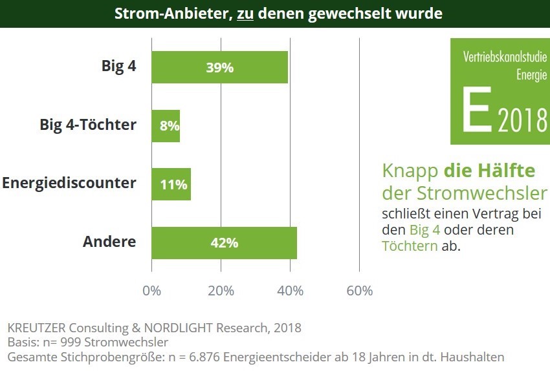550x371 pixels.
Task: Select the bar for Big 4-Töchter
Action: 166,125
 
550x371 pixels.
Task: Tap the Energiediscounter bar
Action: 171,184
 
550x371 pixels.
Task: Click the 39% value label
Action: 219,67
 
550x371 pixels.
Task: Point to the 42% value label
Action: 224,243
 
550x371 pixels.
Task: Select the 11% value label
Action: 173,185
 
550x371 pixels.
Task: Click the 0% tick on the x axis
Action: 151,291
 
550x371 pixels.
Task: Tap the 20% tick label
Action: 221,291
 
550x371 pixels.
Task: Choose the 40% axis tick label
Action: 290,291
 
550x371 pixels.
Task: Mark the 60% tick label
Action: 360,291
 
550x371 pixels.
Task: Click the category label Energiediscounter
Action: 69,183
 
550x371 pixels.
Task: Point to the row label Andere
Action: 109,242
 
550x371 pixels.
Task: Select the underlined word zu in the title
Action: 245,14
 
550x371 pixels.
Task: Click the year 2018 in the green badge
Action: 523,121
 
